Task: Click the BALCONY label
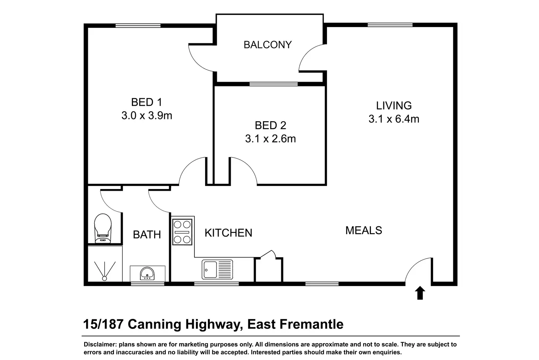(x=268, y=45)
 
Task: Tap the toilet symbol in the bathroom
(x=103, y=229)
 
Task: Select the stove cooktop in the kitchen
(x=182, y=232)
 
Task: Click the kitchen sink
(x=217, y=269)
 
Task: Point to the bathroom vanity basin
(x=147, y=274)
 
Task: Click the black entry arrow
(x=420, y=293)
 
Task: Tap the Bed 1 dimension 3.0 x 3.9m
(x=147, y=115)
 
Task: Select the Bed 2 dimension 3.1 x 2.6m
(x=271, y=138)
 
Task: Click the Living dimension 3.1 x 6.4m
(x=394, y=119)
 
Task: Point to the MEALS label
(x=364, y=230)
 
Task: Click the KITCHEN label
(x=228, y=233)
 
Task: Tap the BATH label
(x=147, y=234)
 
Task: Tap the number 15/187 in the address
(x=103, y=324)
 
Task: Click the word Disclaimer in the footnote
(x=100, y=344)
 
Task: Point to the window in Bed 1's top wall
(x=138, y=26)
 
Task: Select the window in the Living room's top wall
(x=390, y=25)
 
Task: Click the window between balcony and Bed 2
(x=274, y=84)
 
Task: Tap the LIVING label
(x=394, y=105)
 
